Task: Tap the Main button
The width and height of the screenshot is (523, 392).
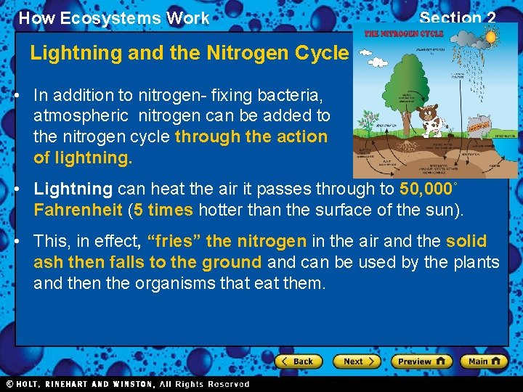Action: pyautogui.click(x=485, y=361)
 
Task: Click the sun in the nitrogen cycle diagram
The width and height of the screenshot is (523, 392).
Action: pyautogui.click(x=490, y=36)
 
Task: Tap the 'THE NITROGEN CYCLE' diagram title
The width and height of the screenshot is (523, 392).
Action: pyautogui.click(x=403, y=34)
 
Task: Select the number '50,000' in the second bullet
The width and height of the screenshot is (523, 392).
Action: pyautogui.click(x=426, y=189)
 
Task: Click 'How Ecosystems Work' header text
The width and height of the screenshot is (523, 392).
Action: pyautogui.click(x=113, y=18)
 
